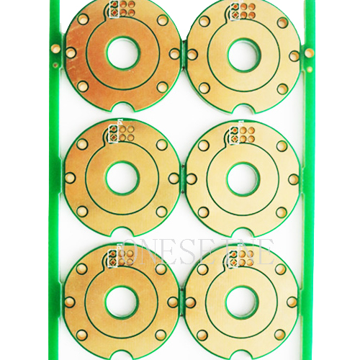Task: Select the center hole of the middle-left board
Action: pos(122,177)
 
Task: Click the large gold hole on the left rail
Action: pos(55,48)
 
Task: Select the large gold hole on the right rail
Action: pos(309,53)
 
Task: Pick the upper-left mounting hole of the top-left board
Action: pos(83,19)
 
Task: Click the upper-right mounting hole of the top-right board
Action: pos(282,22)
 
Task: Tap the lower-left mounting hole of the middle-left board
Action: pos(82,211)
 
